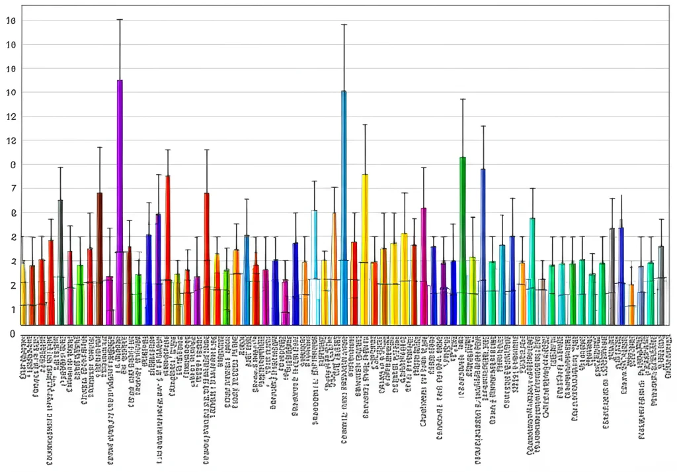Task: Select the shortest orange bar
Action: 631,305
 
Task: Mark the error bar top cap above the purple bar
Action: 120,19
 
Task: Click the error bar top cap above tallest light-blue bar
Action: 344,24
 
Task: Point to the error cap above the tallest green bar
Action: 463,99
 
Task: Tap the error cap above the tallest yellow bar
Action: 364,124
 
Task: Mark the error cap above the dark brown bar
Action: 99,147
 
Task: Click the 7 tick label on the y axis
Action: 11,189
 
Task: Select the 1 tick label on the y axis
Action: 11,309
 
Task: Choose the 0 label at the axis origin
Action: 11,334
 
